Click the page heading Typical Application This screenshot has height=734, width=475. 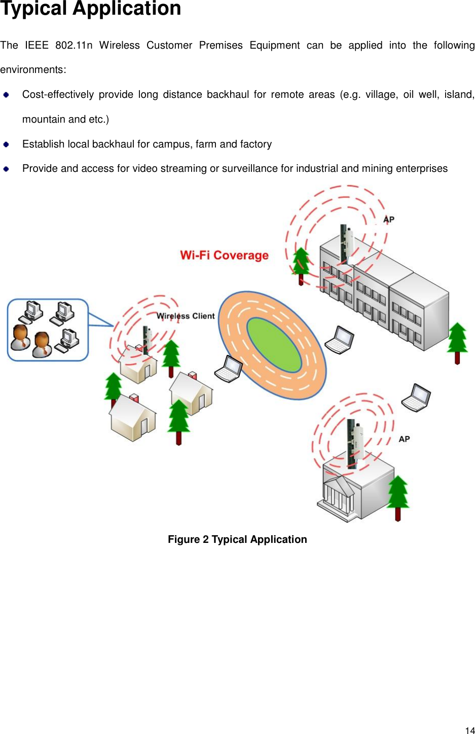click(x=91, y=9)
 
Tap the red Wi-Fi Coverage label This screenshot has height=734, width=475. click(x=224, y=255)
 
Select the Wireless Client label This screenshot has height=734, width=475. click(x=186, y=316)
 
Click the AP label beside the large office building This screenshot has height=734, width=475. click(x=389, y=219)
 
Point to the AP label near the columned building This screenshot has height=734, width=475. click(x=404, y=439)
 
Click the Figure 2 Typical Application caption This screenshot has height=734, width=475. click(x=237, y=539)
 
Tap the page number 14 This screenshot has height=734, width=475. click(x=469, y=730)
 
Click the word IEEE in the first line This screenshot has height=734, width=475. click(x=36, y=46)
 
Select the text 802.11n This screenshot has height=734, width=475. click(x=74, y=46)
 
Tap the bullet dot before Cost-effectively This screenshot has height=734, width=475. click(x=6, y=95)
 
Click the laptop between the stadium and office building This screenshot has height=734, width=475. click(x=339, y=340)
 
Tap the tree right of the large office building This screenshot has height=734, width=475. click(x=457, y=341)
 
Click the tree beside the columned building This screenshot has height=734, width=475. click(x=398, y=496)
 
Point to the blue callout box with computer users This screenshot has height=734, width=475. click(x=48, y=330)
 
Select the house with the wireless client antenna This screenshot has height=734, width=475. click(x=138, y=363)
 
